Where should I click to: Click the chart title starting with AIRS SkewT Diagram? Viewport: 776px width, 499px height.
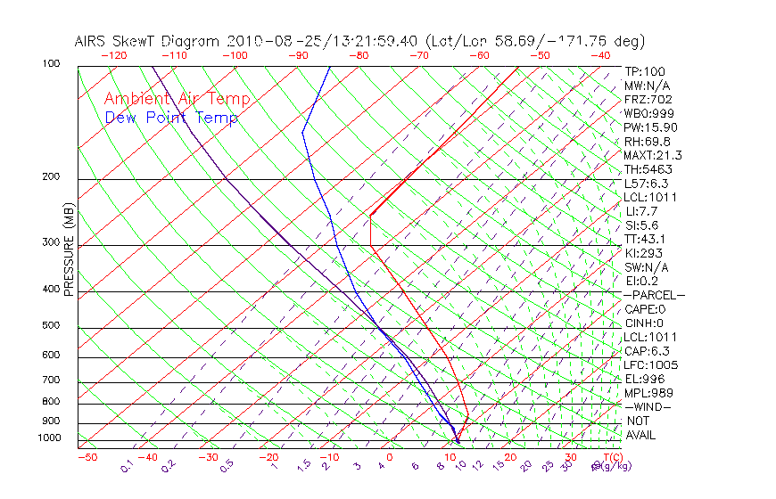tap(359, 41)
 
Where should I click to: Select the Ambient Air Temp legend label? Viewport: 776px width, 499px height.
tap(177, 99)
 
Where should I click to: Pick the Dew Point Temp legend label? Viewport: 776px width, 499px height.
tap(171, 119)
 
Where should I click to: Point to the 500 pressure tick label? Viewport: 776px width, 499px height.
tap(50, 326)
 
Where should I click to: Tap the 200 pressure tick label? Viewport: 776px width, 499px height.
tap(50, 176)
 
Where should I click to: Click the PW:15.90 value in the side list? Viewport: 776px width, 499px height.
tap(650, 127)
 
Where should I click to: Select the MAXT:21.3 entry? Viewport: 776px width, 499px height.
tap(653, 155)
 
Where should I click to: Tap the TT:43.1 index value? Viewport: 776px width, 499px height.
tap(646, 239)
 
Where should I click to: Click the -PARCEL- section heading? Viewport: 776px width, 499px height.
tap(654, 295)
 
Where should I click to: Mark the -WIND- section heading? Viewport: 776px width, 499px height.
tap(648, 406)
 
